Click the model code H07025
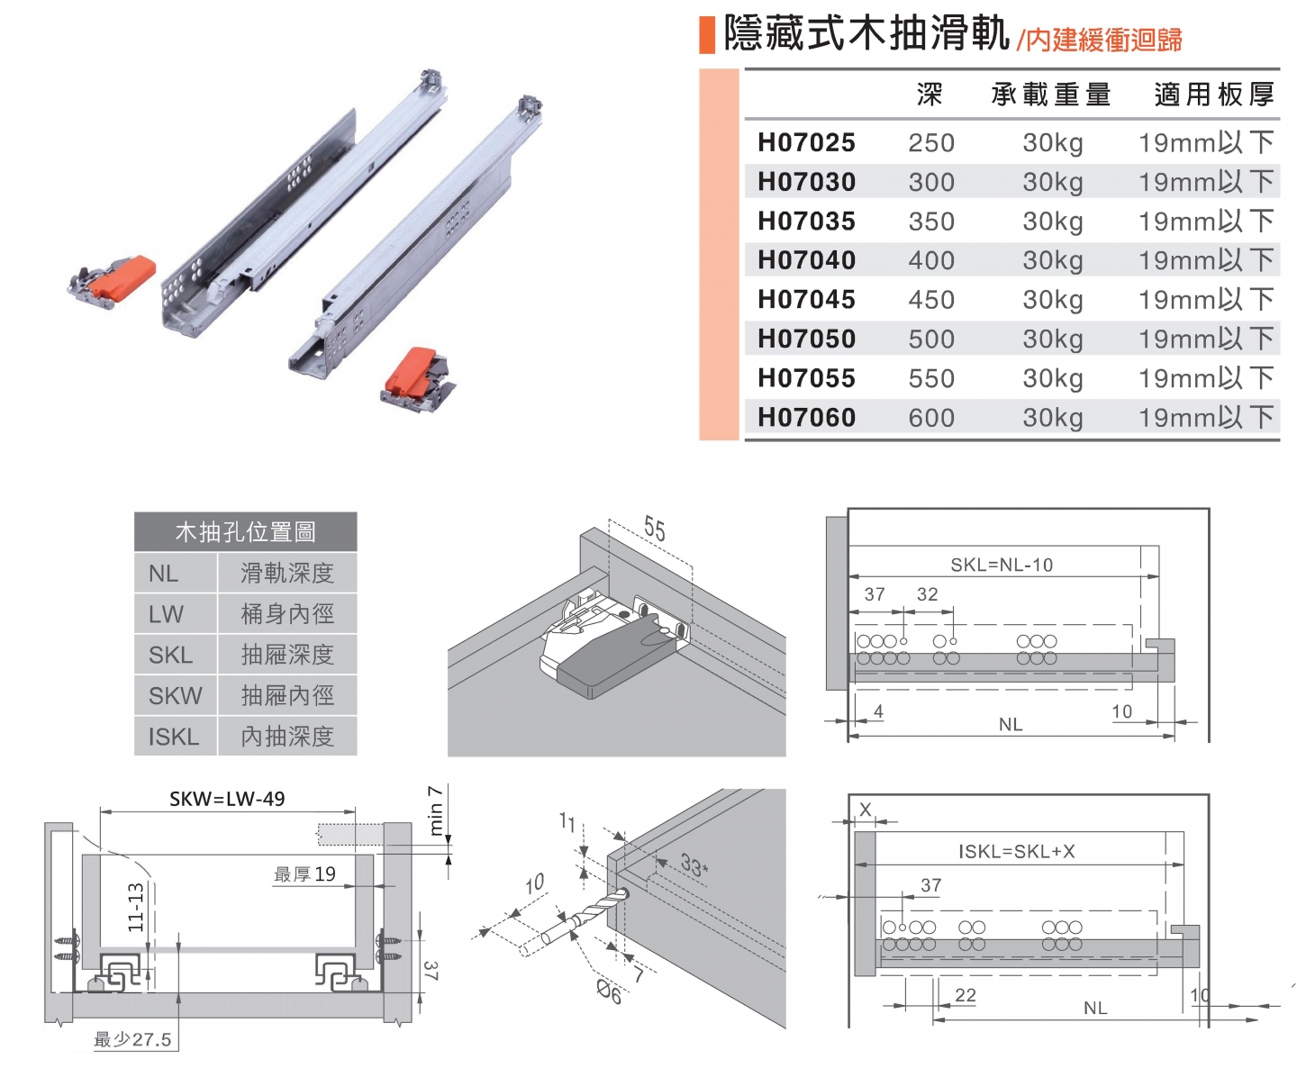click(x=806, y=142)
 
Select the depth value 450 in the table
click(x=931, y=300)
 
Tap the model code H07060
click(x=806, y=418)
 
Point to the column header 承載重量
click(x=1051, y=95)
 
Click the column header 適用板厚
click(x=1214, y=95)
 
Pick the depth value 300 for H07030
click(x=931, y=182)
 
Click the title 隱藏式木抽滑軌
click(x=866, y=34)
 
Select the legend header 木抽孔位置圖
click(x=245, y=532)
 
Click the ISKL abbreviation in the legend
click(x=174, y=737)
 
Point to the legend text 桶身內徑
click(x=287, y=614)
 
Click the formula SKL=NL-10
click(x=1002, y=565)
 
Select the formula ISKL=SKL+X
click(x=1016, y=851)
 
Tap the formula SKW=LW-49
click(x=227, y=799)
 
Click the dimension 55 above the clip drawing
click(x=655, y=529)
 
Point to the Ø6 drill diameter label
click(x=610, y=992)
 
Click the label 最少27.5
click(x=132, y=1039)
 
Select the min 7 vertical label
click(x=435, y=810)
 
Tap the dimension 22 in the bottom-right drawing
click(x=966, y=995)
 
